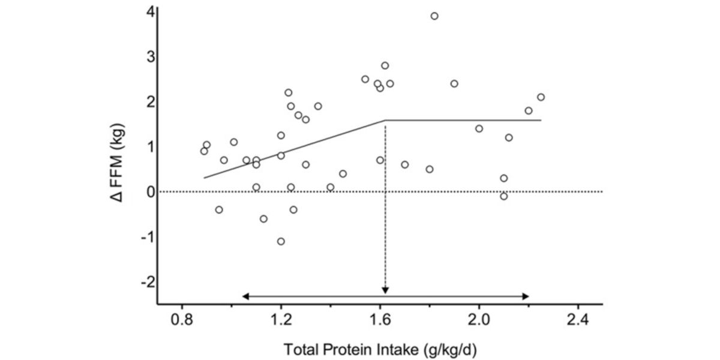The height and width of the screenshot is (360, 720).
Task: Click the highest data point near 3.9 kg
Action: (x=434, y=16)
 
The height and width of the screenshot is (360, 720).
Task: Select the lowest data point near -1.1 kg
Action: (x=281, y=241)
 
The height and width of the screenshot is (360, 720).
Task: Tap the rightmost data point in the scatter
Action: (x=541, y=97)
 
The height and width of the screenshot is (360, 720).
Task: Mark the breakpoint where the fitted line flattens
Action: (x=385, y=120)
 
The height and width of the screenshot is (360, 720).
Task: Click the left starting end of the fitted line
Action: (x=205, y=178)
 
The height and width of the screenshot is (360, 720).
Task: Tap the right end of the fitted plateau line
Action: (x=541, y=120)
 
